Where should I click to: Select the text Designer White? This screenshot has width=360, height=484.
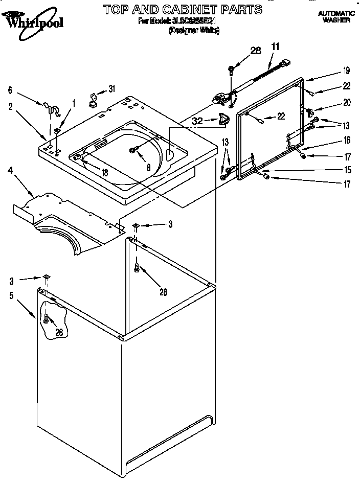click(194, 31)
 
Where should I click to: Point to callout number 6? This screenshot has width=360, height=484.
click(10, 90)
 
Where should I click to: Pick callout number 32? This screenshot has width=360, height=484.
click(197, 121)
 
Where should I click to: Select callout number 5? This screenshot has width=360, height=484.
click(11, 295)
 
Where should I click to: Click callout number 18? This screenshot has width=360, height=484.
click(104, 173)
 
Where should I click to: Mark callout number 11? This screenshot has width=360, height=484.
click(276, 47)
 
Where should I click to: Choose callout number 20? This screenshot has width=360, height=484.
click(347, 102)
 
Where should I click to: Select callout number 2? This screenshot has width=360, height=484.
click(10, 106)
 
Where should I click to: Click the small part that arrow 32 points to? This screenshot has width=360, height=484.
click(222, 119)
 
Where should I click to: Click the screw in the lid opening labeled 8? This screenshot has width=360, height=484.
click(134, 149)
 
